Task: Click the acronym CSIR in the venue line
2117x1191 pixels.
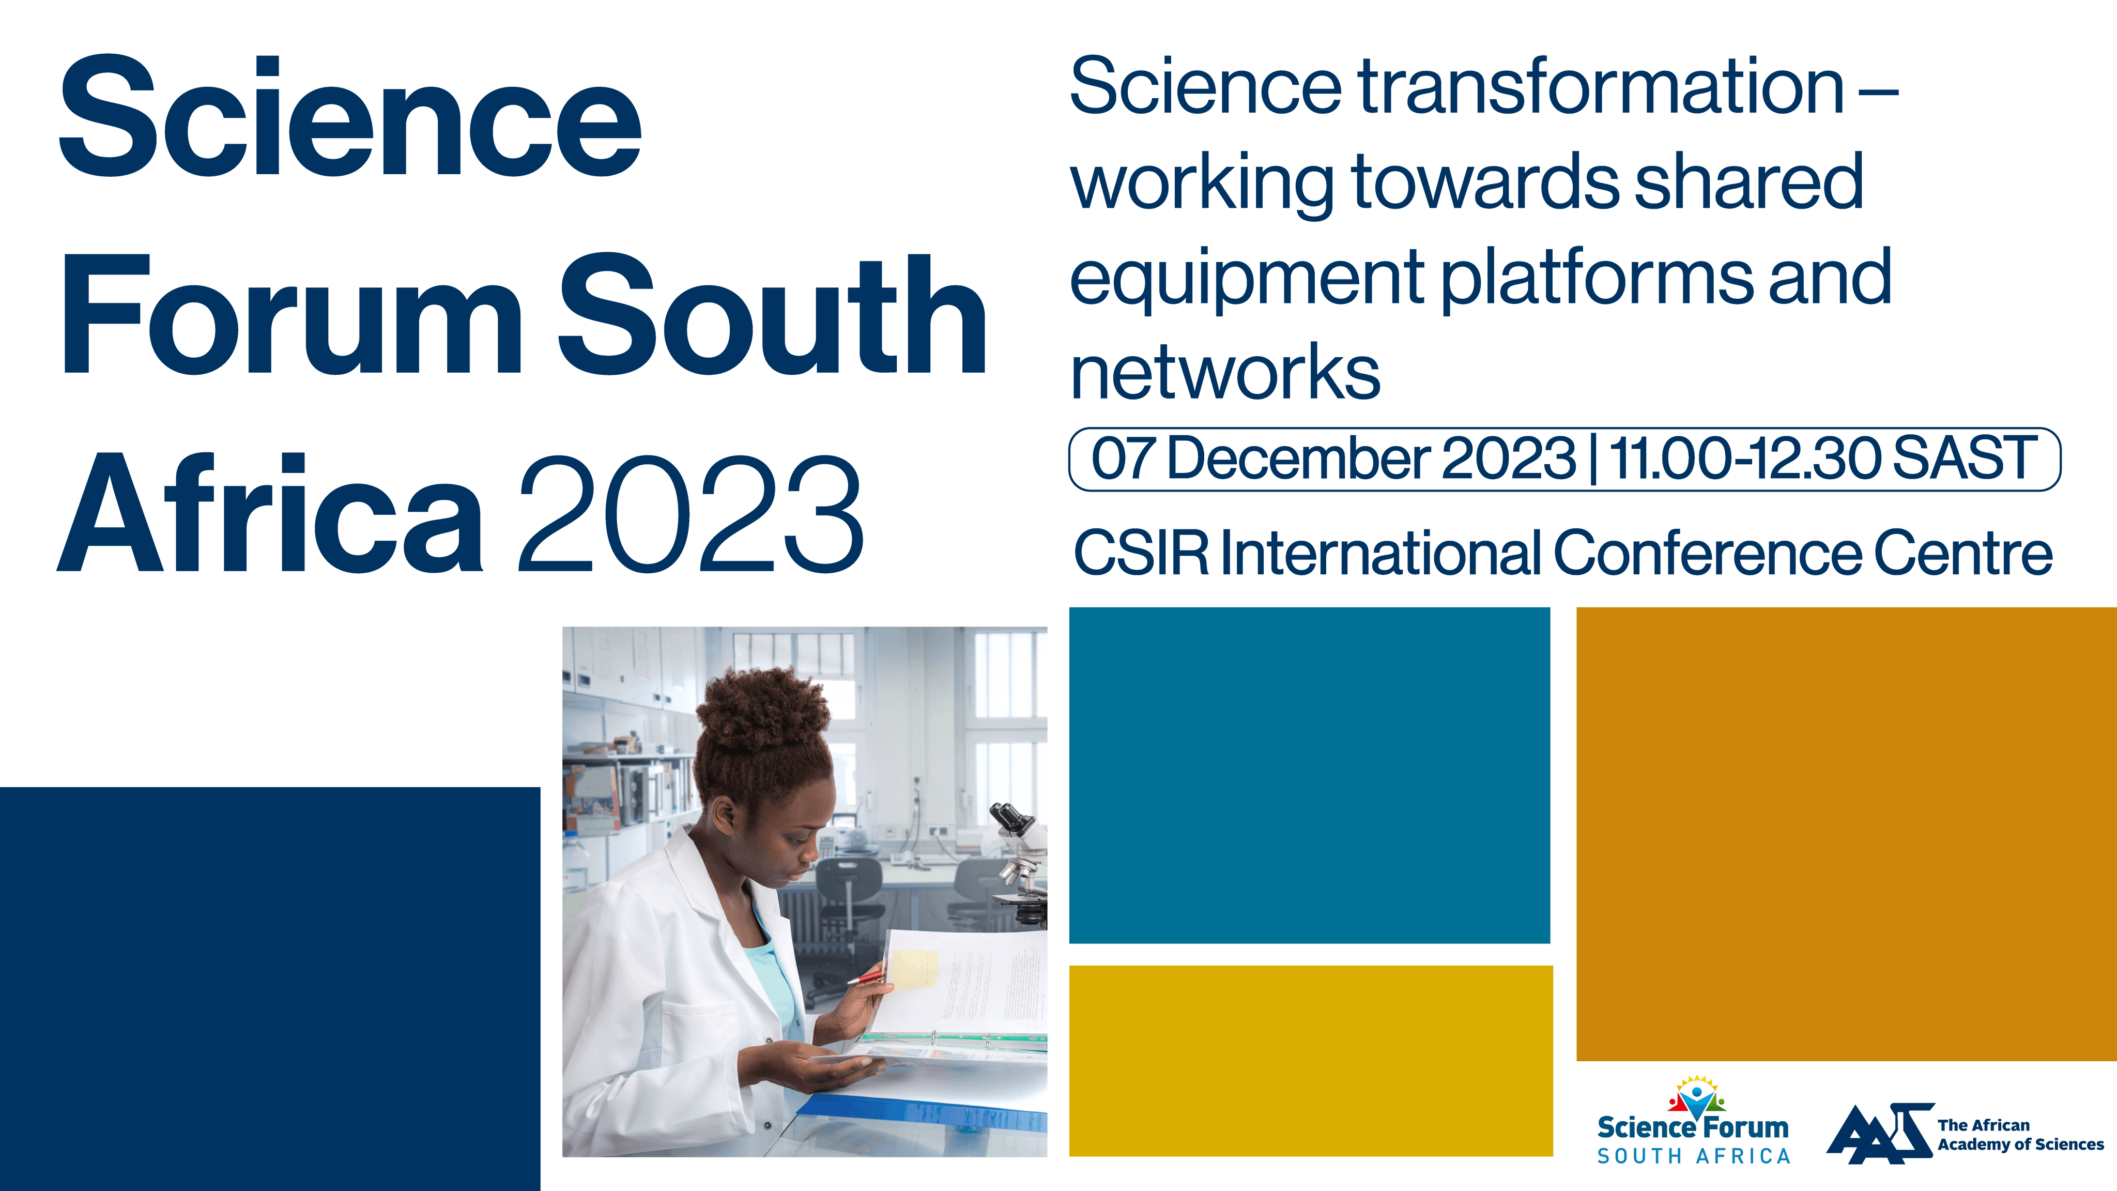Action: (x=1142, y=553)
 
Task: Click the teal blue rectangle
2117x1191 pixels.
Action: (x=1309, y=775)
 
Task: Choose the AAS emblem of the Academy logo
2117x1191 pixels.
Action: (x=1879, y=1134)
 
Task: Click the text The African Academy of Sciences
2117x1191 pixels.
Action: (x=2020, y=1134)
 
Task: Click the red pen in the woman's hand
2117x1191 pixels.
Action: (x=867, y=975)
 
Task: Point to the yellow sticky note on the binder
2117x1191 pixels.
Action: (x=914, y=969)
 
